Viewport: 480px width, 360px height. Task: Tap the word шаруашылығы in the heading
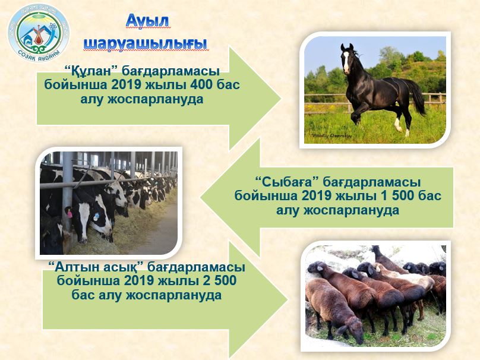click(x=145, y=43)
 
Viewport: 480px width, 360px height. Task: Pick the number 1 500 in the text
click(x=396, y=195)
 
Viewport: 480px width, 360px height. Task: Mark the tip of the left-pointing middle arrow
click(x=201, y=197)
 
